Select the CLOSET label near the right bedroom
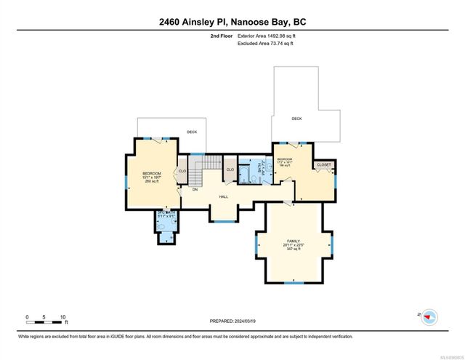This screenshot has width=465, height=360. (x=323, y=165)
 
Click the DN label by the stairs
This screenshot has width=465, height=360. (x=195, y=189)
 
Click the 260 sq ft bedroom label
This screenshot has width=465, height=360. (x=151, y=181)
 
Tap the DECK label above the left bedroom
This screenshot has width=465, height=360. (x=191, y=132)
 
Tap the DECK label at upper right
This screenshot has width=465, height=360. (x=296, y=118)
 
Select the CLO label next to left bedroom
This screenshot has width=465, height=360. (x=183, y=171)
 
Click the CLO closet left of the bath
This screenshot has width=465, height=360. (x=230, y=170)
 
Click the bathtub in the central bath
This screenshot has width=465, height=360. (x=246, y=173)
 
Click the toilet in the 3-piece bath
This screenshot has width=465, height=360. (x=169, y=235)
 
